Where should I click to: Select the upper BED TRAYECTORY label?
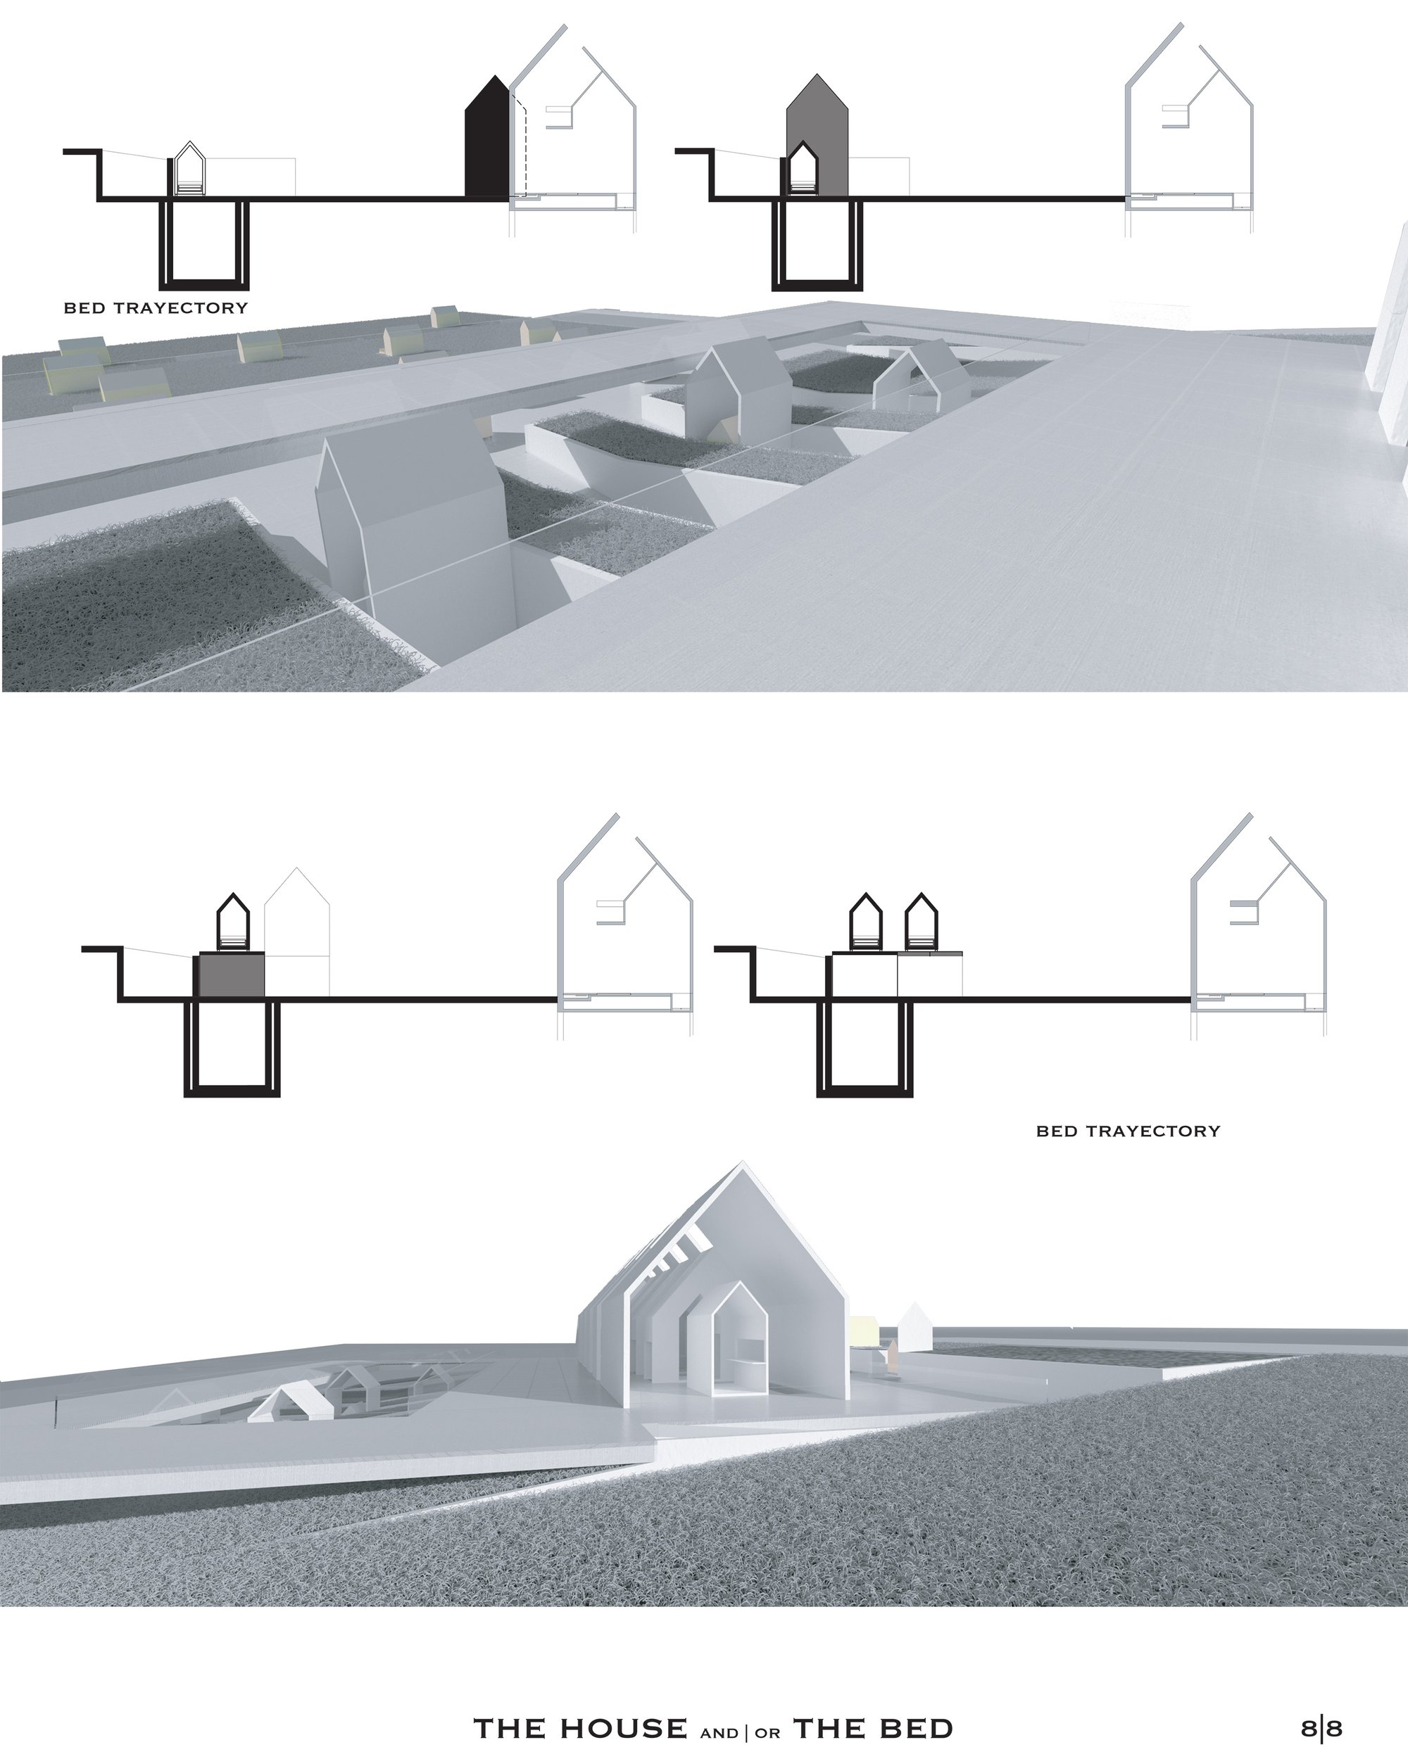click(155, 308)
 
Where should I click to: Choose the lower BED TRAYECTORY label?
click(1128, 1131)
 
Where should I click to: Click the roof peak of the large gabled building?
click(742, 1161)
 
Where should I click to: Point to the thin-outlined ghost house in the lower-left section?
click(296, 931)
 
